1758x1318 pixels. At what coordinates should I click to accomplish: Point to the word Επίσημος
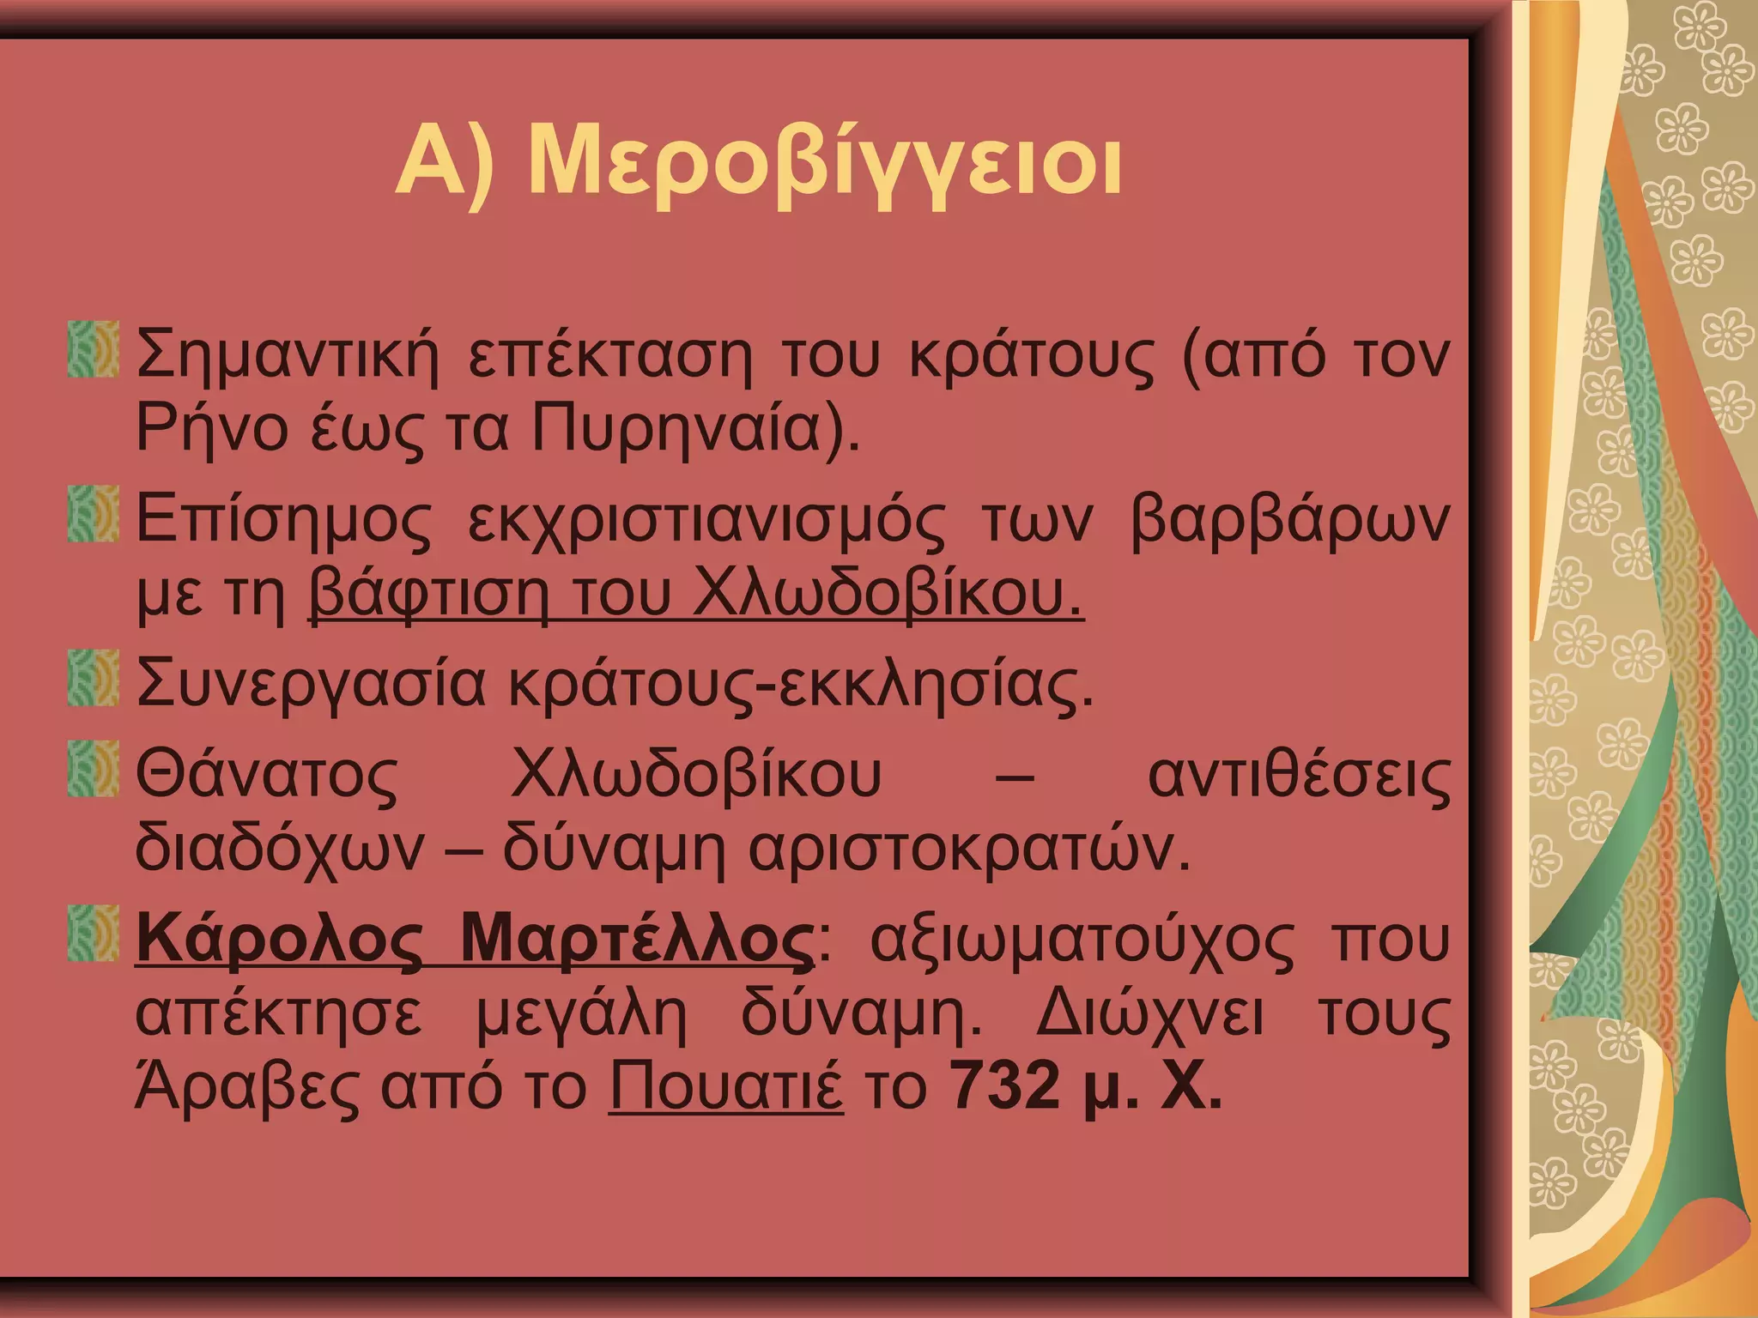284,520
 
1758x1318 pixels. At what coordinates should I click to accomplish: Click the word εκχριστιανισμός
706,520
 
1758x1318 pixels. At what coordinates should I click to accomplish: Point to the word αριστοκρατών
969,849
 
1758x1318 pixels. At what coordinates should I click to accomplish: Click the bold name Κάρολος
280,940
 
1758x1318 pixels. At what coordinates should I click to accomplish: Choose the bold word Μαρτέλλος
636,940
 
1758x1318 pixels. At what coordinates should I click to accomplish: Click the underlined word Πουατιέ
726,1086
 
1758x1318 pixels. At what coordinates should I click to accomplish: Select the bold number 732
1005,1086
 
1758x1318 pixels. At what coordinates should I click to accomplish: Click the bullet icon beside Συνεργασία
93,678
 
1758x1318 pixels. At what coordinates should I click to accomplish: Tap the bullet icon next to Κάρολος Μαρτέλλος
93,934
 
